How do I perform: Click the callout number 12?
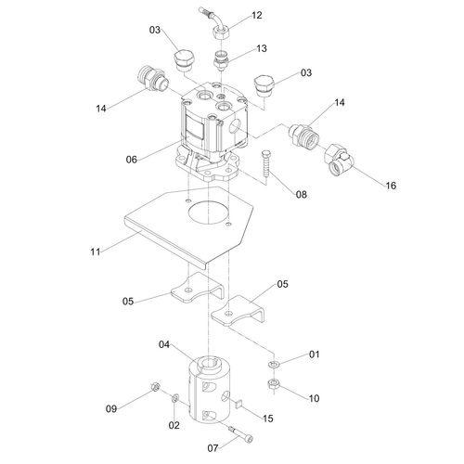tap(257, 16)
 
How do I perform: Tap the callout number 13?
tap(261, 48)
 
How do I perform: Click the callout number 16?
tap(391, 186)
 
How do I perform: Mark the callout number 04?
tap(164, 345)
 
